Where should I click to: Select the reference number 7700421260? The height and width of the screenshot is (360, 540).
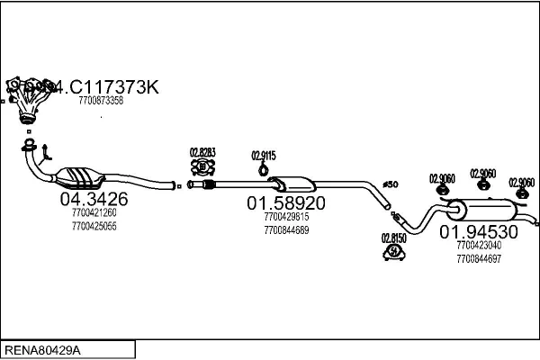pyautogui.click(x=94, y=213)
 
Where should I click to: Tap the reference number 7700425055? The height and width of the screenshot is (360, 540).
pyautogui.click(x=94, y=226)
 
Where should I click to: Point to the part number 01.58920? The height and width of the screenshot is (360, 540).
pyautogui.click(x=286, y=203)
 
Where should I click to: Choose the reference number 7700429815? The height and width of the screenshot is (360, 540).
pyautogui.click(x=286, y=217)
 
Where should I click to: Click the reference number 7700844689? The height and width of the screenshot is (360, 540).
pyautogui.click(x=286, y=229)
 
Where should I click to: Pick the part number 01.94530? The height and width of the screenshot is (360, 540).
pyautogui.click(x=478, y=230)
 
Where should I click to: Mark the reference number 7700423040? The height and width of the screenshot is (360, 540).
pyautogui.click(x=478, y=244)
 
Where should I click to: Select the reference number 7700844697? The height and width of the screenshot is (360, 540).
pyautogui.click(x=478, y=257)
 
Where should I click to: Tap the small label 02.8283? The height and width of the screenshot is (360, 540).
pyautogui.click(x=202, y=152)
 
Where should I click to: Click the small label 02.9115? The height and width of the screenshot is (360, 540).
pyautogui.click(x=263, y=155)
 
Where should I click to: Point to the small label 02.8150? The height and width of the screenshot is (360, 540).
pyautogui.click(x=393, y=238)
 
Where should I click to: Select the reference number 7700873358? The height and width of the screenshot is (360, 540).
pyautogui.click(x=101, y=101)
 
